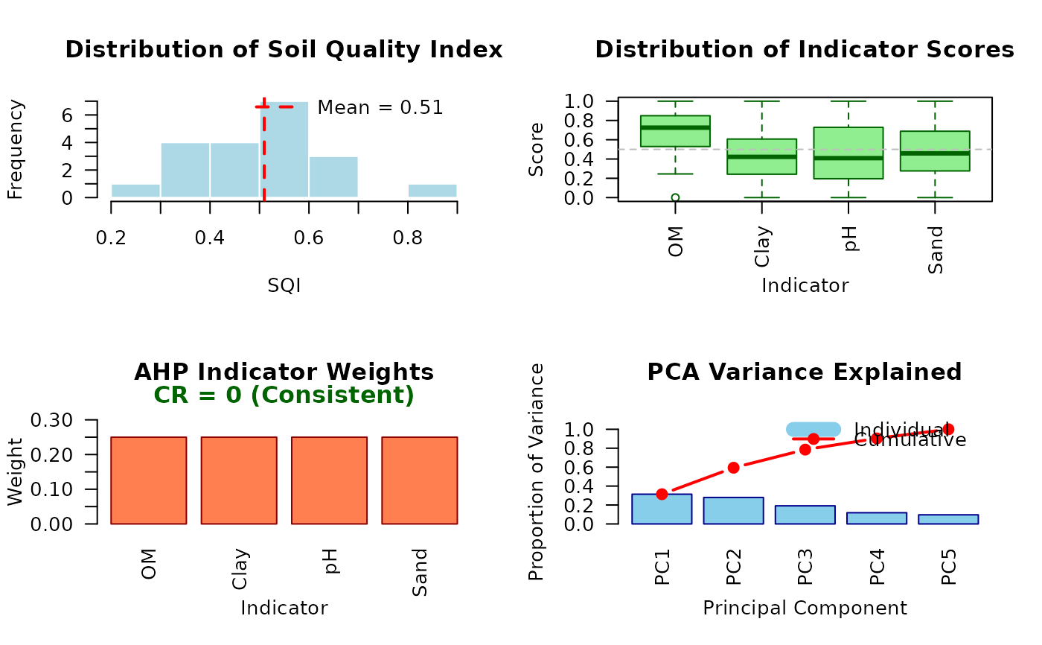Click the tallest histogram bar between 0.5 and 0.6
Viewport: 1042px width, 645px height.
(284, 150)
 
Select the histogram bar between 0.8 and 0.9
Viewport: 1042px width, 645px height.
(432, 191)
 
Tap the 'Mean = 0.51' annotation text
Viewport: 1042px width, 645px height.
(380, 107)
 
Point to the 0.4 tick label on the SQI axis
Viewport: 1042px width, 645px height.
(210, 238)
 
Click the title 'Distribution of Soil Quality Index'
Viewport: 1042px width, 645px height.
(284, 50)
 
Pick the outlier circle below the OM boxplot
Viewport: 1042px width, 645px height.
(675, 197)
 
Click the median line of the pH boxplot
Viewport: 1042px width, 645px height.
(848, 158)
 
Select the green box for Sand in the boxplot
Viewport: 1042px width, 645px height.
(935, 151)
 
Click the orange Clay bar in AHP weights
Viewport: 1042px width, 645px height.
(239, 480)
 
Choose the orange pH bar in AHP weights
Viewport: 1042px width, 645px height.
(329, 480)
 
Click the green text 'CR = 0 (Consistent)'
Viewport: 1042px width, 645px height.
(284, 395)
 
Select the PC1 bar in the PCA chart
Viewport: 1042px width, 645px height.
(662, 509)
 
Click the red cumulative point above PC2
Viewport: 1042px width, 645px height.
(733, 468)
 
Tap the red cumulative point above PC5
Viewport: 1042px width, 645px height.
(947, 429)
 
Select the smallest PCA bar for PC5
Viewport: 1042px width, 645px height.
(947, 519)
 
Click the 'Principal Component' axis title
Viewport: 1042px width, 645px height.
(805, 608)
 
